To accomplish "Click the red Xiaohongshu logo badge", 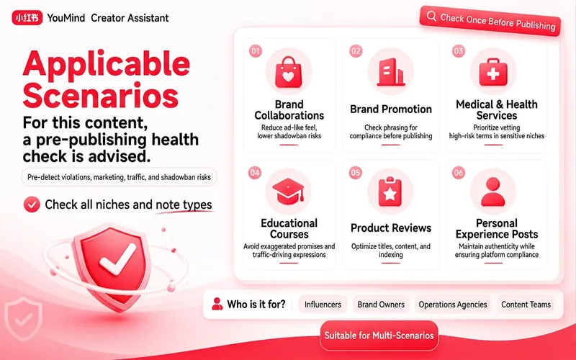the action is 27,17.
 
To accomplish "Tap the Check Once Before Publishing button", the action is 490,21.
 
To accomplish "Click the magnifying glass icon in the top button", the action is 431,16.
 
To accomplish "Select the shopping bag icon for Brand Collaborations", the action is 289,72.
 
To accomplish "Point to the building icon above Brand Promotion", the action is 390,72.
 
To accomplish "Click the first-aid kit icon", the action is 493,72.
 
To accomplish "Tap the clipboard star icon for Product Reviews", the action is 390,191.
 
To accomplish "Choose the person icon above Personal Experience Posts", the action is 492,192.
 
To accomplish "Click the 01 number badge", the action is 256,50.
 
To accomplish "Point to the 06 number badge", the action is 459,172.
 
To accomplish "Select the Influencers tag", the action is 323,305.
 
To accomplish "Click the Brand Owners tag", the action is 381,305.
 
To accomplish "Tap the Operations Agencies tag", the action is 453,305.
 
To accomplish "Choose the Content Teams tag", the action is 526,305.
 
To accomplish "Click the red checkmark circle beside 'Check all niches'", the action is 32,204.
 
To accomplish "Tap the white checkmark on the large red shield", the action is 117,259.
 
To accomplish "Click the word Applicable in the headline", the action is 107,63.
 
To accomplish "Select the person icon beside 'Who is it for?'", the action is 217,304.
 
